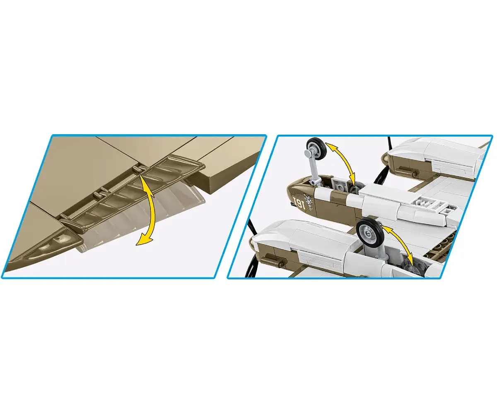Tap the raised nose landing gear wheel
(316, 150)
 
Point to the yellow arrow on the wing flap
(146, 208)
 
